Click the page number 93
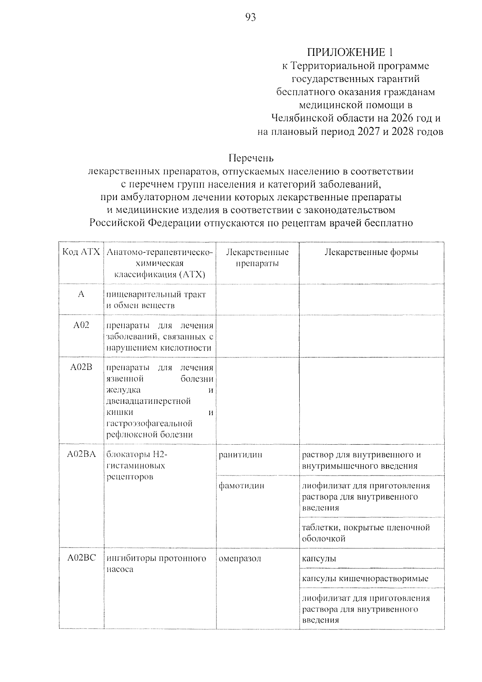click(x=250, y=18)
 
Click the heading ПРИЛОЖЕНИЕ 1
click(x=349, y=52)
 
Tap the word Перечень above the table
click(x=251, y=158)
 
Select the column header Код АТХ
click(x=81, y=252)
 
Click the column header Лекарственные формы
click(x=371, y=252)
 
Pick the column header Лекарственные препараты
click(x=257, y=258)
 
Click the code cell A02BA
click(x=81, y=454)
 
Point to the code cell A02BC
click(x=81, y=558)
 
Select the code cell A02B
click(x=81, y=367)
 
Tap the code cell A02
click(x=81, y=325)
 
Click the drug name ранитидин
click(x=241, y=455)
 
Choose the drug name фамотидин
click(x=241, y=486)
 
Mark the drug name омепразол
click(x=240, y=558)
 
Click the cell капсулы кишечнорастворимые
click(x=365, y=578)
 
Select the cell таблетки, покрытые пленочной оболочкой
click(x=366, y=533)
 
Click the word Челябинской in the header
click(x=302, y=118)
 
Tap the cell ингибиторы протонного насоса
click(x=156, y=564)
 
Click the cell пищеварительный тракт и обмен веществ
click(x=156, y=300)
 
